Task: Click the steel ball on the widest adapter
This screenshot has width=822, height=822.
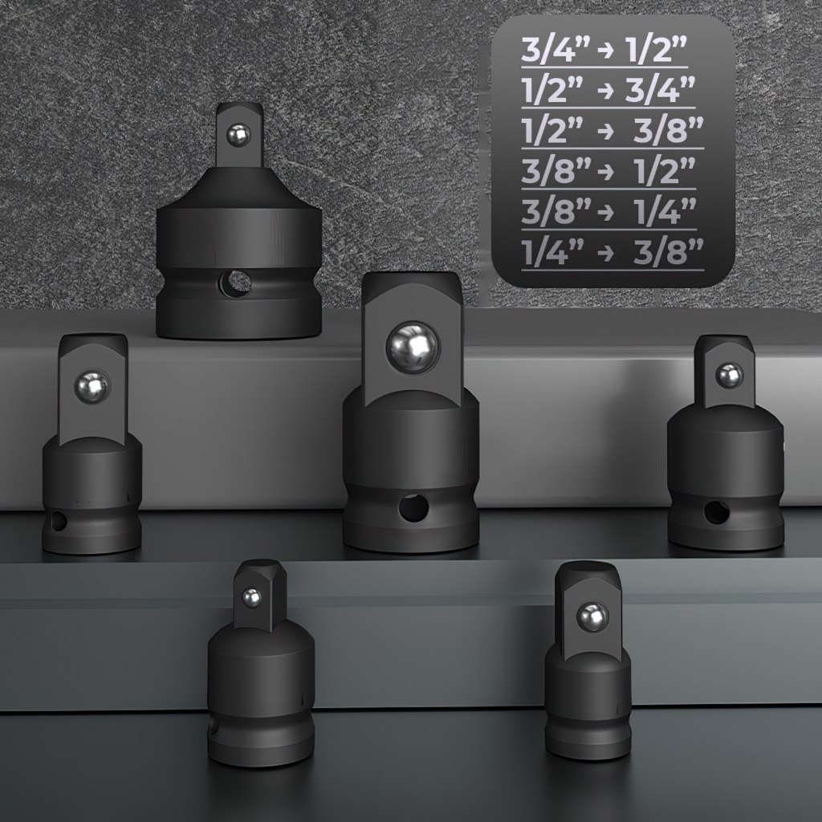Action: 238,136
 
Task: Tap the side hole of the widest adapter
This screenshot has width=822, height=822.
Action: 235,281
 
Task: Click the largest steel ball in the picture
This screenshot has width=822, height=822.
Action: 413,347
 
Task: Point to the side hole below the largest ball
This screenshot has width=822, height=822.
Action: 413,507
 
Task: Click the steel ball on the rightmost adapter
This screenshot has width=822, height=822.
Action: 729,376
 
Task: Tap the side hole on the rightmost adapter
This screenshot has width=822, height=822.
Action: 715,513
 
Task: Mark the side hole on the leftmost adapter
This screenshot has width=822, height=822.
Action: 57,522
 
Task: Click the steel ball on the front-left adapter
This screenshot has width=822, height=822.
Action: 251,596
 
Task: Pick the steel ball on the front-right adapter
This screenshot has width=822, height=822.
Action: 592,617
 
